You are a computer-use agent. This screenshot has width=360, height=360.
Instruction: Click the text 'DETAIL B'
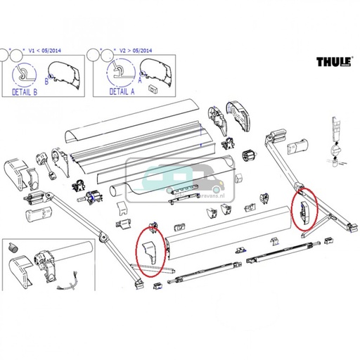click(x=27, y=90)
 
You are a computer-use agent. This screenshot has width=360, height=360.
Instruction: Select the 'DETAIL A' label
click(x=116, y=90)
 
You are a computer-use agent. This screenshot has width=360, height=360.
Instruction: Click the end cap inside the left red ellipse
click(x=150, y=251)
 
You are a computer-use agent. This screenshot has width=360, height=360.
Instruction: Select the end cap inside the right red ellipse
click(x=302, y=210)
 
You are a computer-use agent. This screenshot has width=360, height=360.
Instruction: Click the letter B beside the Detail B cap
click(x=47, y=82)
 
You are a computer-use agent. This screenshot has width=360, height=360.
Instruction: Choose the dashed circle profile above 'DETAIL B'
click(x=25, y=72)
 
